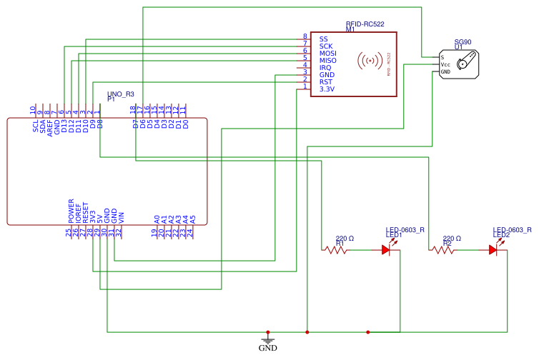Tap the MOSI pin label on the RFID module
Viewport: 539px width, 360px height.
(x=327, y=54)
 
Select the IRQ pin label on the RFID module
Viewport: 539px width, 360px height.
(x=325, y=68)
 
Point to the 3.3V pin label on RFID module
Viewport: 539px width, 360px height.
(x=326, y=89)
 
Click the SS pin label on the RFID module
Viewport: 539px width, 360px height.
(x=323, y=39)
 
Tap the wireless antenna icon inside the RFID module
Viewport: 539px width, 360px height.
(x=369, y=61)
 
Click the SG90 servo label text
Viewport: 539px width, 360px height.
(x=463, y=42)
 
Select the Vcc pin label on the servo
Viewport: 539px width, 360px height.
(x=445, y=64)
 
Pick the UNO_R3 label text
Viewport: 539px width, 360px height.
(x=120, y=94)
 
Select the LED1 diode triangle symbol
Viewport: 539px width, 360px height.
(x=386, y=250)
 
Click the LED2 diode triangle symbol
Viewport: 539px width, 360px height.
(x=493, y=250)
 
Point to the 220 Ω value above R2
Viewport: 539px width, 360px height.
(x=452, y=239)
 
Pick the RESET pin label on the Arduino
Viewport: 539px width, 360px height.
(x=86, y=211)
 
